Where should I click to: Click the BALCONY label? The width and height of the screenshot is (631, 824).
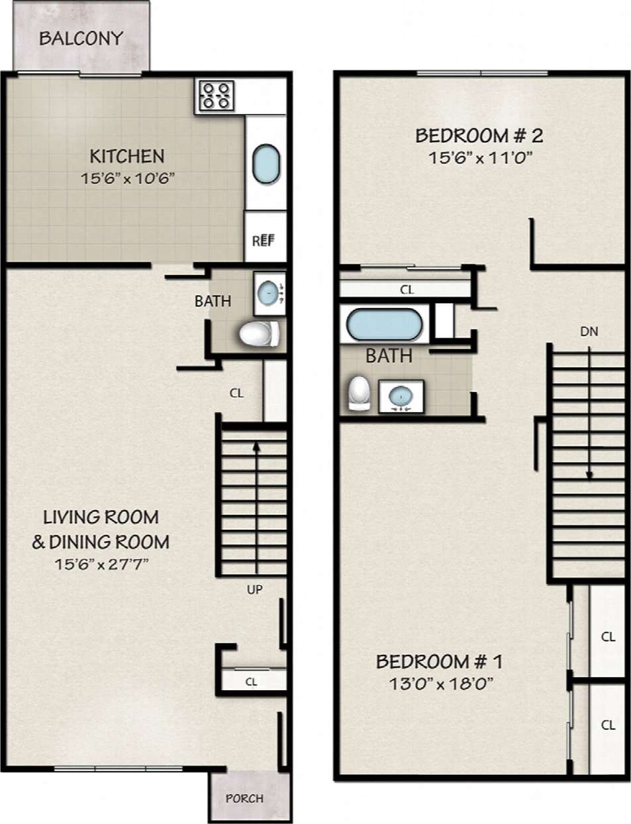tap(81, 38)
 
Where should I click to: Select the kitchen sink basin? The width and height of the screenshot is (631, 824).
tap(266, 164)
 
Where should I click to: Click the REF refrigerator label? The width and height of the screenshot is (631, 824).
tap(263, 240)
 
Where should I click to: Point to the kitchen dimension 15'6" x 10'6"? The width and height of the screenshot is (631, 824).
tap(127, 178)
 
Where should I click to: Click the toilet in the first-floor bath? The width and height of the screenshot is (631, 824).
tap(259, 334)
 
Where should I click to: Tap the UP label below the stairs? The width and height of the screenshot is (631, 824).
tap(255, 590)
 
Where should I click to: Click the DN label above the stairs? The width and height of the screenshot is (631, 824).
tap(589, 331)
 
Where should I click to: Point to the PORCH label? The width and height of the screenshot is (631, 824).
tap(244, 798)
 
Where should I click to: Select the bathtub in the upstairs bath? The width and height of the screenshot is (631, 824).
tap(384, 325)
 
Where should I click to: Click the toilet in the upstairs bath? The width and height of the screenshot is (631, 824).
tap(358, 393)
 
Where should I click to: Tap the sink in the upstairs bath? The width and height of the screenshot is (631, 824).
tap(401, 397)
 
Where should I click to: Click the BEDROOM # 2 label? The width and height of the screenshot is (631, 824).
tap(479, 136)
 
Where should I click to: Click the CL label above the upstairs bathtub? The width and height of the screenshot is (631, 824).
tap(407, 289)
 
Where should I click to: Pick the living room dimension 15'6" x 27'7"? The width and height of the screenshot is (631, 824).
tap(101, 564)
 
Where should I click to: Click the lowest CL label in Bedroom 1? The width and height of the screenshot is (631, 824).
tap(608, 725)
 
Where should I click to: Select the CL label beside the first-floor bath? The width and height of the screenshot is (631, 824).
tap(236, 393)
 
